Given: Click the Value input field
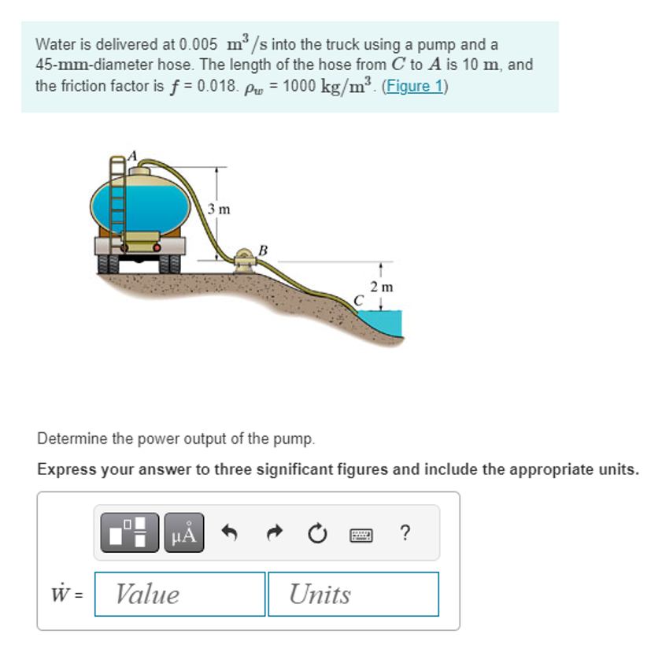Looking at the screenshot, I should [179, 594].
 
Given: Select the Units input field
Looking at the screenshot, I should [353, 594].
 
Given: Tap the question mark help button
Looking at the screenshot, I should [405, 533].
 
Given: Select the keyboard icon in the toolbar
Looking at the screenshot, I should [361, 533].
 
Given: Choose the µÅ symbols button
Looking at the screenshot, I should [184, 533].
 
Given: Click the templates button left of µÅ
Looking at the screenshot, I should [130, 533].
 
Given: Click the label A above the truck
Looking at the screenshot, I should [131, 156].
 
